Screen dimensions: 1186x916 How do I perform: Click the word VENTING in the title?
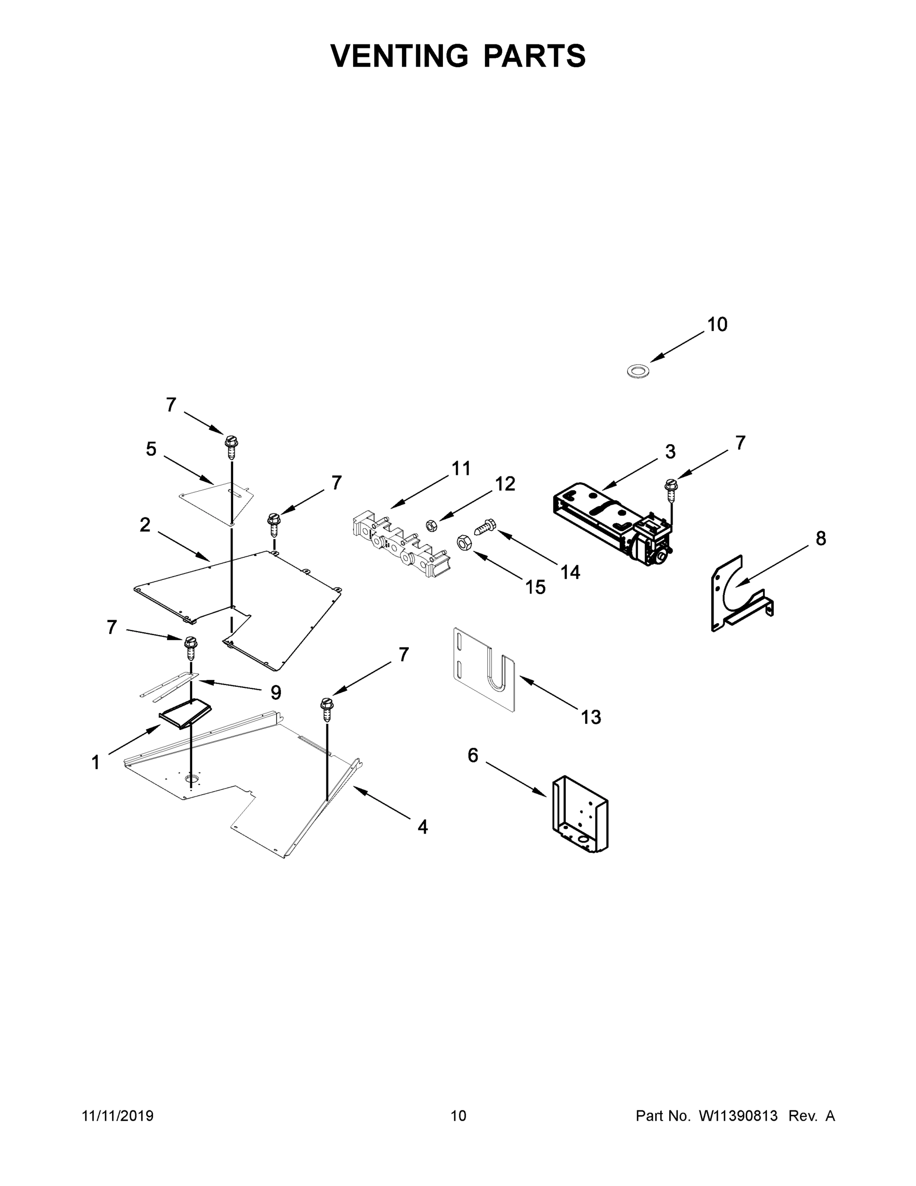tap(399, 56)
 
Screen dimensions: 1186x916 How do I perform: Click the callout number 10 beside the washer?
tap(717, 324)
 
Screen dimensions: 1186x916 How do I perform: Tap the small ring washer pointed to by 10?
tap(638, 372)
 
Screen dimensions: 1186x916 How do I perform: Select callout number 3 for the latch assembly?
tap(670, 451)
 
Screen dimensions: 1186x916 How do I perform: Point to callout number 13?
tap(591, 717)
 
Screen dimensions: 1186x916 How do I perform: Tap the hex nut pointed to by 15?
tap(465, 542)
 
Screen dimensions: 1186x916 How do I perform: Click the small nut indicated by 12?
tap(432, 525)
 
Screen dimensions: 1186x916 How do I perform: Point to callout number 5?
tap(151, 449)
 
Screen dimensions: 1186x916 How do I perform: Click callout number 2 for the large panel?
tap(145, 525)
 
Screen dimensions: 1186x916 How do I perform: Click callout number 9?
tap(276, 692)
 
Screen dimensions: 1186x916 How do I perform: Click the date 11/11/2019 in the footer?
tap(118, 1115)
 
